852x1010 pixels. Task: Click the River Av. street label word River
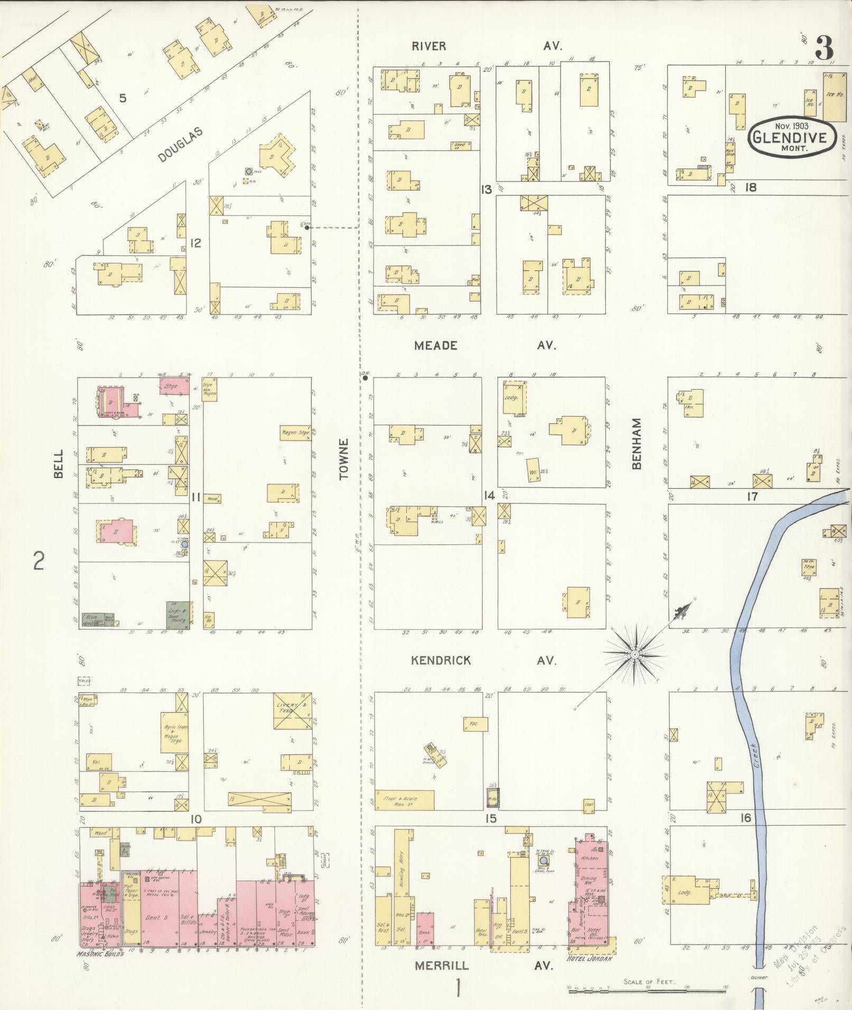(429, 46)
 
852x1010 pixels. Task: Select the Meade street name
(436, 346)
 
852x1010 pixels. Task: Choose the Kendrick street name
(441, 660)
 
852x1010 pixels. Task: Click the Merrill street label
(441, 965)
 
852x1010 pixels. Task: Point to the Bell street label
(58, 464)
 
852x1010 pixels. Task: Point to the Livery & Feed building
(291, 711)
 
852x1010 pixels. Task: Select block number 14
(489, 495)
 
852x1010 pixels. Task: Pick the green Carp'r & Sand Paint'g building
(178, 614)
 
